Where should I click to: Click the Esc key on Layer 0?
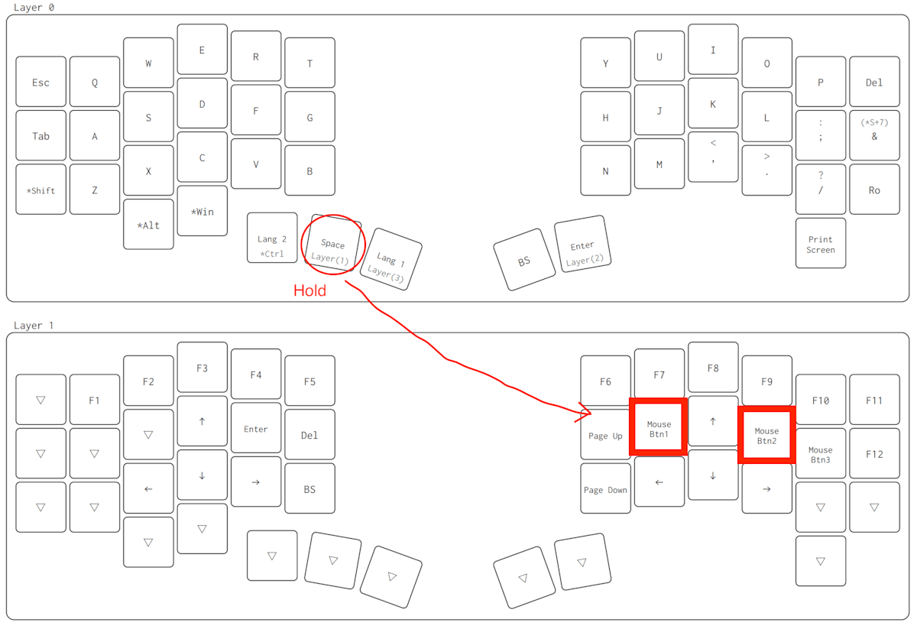41,82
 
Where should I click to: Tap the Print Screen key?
821,244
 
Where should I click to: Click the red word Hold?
310,290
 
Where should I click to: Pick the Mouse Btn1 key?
658,429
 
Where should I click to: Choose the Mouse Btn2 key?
766,436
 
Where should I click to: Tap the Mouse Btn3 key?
821,454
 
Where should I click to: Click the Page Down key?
605,490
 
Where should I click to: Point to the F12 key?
874,454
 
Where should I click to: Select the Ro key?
874,190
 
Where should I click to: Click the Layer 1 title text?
34,326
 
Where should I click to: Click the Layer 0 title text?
34,8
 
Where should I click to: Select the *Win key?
202,211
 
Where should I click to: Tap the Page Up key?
605,436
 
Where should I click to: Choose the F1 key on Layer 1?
94,400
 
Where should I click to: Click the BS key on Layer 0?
524,261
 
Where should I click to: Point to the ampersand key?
874,136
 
